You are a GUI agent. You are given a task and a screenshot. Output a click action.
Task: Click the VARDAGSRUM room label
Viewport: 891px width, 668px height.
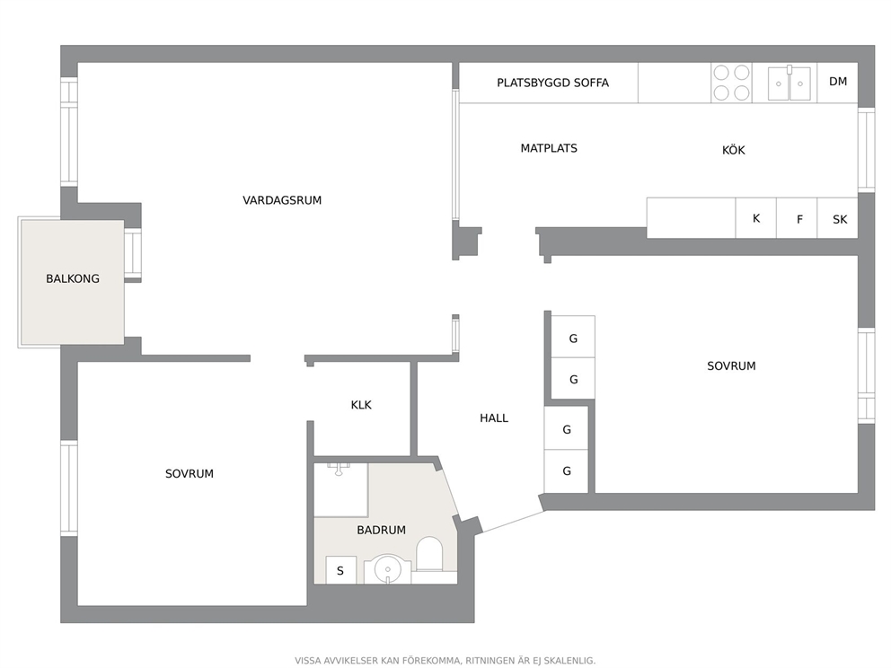[282, 200]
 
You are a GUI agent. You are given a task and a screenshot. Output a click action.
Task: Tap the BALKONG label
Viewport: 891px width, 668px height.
[73, 279]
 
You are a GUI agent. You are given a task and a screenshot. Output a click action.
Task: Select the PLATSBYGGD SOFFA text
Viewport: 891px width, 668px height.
[553, 83]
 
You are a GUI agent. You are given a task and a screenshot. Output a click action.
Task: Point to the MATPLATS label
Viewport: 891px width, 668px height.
[549, 148]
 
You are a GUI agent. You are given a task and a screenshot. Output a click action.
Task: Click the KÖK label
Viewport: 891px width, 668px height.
[733, 150]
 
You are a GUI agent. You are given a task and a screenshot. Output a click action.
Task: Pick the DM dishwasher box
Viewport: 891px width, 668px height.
[838, 83]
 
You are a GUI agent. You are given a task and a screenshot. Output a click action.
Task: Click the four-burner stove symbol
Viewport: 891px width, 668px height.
[731, 83]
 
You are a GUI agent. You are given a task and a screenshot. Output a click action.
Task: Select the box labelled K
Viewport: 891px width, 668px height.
[755, 218]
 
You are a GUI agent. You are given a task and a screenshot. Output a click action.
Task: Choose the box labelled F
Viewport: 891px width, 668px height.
[797, 218]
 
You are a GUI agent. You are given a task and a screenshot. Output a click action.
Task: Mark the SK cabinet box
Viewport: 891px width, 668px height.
[838, 218]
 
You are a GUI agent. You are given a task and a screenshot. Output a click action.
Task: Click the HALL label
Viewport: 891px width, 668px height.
[494, 418]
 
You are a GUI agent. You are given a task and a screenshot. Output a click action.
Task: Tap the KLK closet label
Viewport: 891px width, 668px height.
[361, 405]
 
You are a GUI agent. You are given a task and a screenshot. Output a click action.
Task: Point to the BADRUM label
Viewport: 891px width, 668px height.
[382, 530]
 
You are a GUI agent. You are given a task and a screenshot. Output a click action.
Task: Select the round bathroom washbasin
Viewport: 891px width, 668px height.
[387, 568]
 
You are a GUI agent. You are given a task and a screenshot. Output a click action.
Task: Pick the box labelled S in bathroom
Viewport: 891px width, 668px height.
[341, 570]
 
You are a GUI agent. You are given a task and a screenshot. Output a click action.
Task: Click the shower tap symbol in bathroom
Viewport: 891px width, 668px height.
[339, 469]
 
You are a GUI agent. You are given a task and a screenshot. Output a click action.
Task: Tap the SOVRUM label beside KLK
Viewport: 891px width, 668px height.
[190, 474]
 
